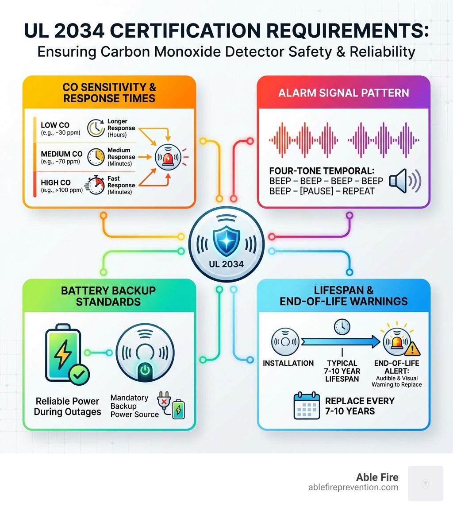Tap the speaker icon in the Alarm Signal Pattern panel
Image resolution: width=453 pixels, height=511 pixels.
404,181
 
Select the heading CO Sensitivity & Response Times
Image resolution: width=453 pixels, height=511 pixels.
109,92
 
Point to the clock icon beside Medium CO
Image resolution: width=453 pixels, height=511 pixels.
96,156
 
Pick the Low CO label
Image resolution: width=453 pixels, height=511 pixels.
55,125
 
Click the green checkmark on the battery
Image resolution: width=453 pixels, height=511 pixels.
79,375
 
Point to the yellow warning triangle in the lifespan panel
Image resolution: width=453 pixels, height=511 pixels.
413,350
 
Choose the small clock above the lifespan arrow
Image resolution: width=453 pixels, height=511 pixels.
342,327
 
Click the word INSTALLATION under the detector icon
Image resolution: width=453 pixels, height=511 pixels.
288,363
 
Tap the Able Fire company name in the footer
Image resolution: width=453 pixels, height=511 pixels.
377,477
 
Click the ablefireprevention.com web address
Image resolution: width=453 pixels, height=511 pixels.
353,488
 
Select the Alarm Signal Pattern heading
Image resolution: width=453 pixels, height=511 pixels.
343,93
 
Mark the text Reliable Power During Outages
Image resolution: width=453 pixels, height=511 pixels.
68,406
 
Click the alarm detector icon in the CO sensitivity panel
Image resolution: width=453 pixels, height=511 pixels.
168,157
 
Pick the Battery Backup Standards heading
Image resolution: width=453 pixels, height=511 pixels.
108,296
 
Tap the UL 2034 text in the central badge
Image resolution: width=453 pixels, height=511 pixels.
226,264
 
